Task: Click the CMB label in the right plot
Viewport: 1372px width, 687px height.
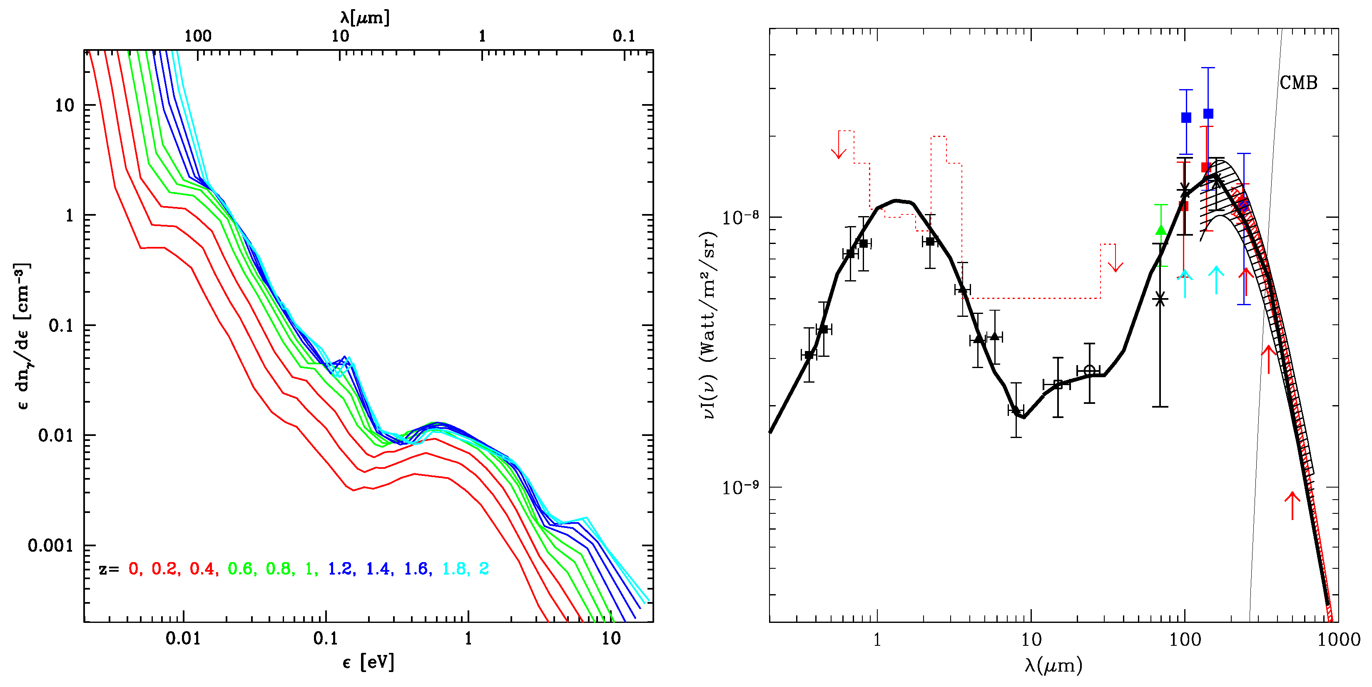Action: click(x=1298, y=83)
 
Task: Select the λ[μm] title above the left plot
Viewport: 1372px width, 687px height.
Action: click(x=365, y=17)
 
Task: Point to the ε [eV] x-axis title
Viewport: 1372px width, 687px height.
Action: click(x=368, y=662)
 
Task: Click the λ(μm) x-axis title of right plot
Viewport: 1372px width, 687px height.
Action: click(x=1053, y=665)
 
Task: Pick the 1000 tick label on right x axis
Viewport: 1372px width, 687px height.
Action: click(x=1338, y=639)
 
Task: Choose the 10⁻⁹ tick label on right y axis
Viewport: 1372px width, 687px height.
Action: click(x=740, y=487)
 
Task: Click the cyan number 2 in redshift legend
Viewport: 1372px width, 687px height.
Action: click(x=483, y=569)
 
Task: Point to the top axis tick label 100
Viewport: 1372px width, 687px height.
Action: click(x=198, y=36)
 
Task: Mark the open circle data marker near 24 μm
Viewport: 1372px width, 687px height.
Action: click(x=1089, y=370)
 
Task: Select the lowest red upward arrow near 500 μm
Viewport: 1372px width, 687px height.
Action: click(x=1292, y=505)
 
